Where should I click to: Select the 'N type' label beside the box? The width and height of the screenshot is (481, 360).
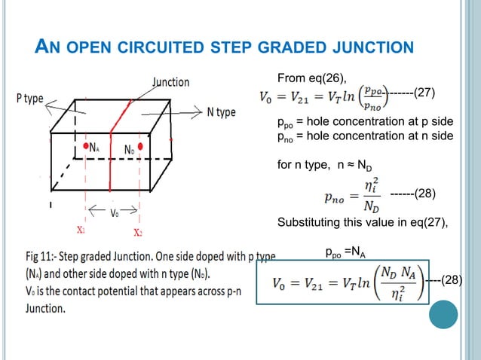[220, 112]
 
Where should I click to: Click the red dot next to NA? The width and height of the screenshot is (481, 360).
[85, 147]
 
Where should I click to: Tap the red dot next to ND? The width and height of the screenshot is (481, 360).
[141, 148]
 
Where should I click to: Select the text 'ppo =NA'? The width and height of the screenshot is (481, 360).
[346, 255]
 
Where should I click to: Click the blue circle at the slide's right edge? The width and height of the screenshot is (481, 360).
[443, 314]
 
